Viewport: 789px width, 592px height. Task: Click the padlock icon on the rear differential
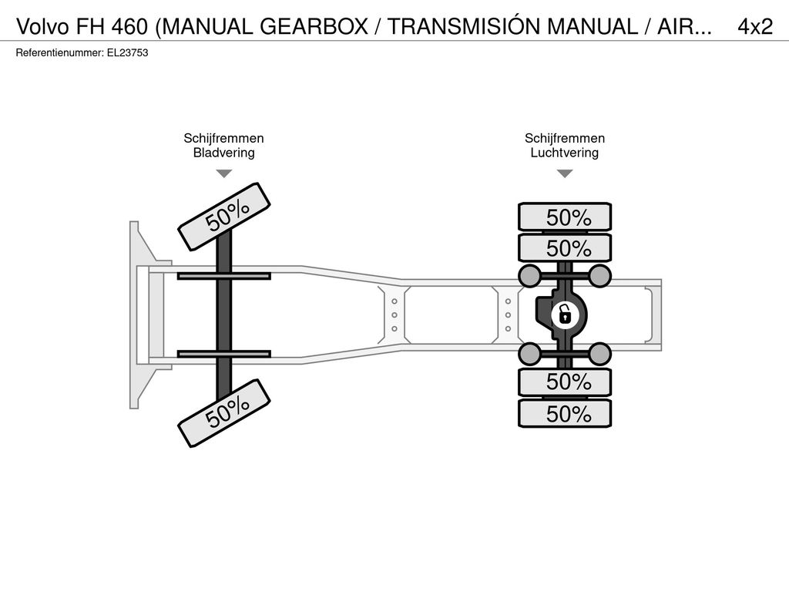pos(565,315)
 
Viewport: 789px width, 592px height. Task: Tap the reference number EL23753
pos(127,53)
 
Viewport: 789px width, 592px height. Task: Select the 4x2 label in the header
pos(755,27)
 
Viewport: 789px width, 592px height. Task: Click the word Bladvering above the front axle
pos(224,153)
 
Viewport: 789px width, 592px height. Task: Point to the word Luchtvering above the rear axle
pos(565,153)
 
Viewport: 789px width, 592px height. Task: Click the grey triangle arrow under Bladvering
pos(224,173)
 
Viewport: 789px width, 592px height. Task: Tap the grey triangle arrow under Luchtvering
pos(565,173)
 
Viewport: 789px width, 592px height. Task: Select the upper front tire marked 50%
pos(224,217)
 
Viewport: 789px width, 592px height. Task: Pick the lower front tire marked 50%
pos(224,413)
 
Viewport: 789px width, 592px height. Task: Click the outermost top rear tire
pos(565,217)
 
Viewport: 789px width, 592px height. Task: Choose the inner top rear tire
pos(565,247)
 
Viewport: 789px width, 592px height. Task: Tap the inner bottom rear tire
pos(565,382)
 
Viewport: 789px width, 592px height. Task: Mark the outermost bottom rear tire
pos(565,413)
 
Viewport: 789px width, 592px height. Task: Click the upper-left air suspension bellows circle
pos(530,276)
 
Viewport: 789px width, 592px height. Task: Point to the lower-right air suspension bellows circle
pos(599,354)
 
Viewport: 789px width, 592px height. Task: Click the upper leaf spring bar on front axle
pos(224,276)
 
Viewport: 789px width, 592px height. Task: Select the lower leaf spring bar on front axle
pos(224,354)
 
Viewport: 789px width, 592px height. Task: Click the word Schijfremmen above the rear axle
pos(565,139)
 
